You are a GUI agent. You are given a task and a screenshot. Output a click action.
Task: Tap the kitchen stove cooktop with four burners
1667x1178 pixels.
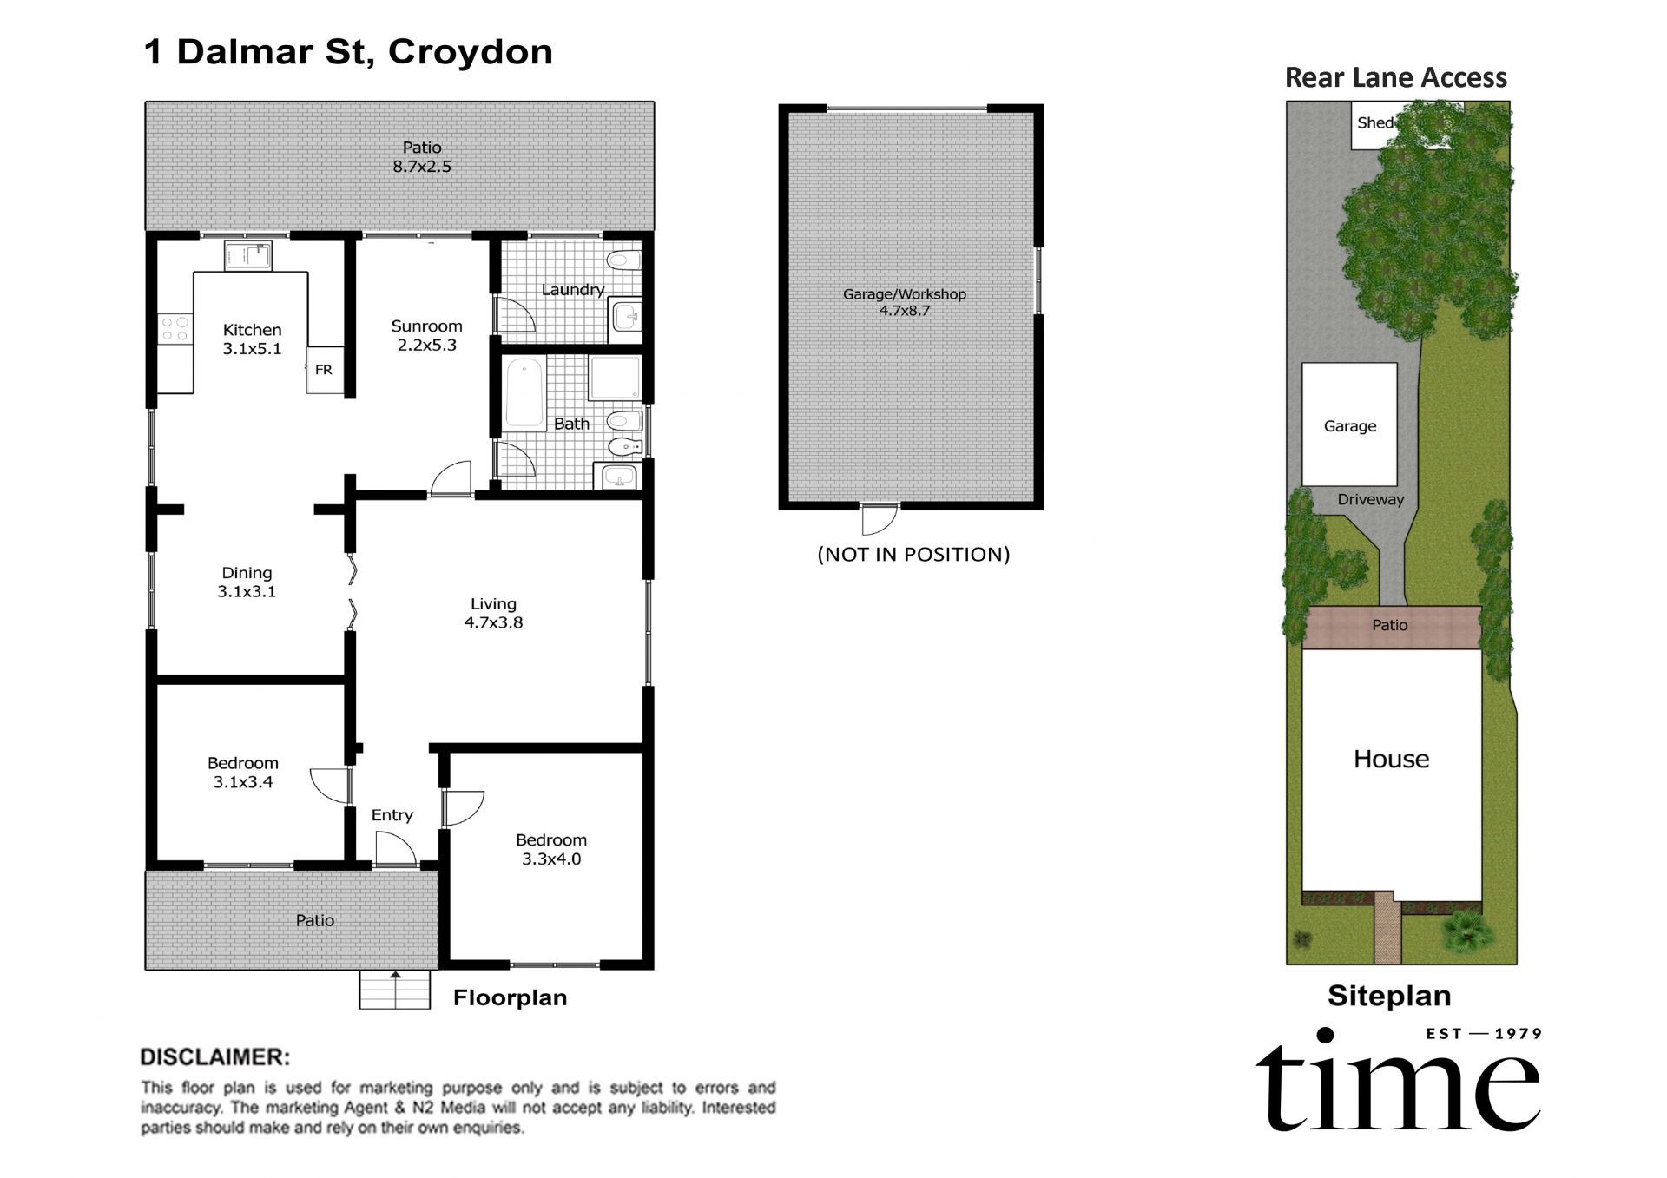pyautogui.click(x=175, y=328)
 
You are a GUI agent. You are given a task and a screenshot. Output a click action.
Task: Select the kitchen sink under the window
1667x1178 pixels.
pyautogui.click(x=248, y=255)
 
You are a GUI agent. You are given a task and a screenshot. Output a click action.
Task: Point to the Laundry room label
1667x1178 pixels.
pyautogui.click(x=572, y=290)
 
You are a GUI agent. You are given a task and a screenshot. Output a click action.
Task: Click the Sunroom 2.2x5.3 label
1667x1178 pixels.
pyautogui.click(x=426, y=335)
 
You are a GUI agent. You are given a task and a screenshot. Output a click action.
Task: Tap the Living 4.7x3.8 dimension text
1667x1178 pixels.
pyautogui.click(x=493, y=622)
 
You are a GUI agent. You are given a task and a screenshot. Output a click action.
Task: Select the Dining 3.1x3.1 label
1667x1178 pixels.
pyautogui.click(x=247, y=582)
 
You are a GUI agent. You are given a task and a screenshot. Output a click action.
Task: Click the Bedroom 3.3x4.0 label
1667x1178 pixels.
pyautogui.click(x=551, y=849)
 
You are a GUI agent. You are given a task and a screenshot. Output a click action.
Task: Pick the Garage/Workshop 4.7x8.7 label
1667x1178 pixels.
pyautogui.click(x=904, y=301)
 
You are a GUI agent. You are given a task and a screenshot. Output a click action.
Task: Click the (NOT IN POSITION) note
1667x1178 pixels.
pyautogui.click(x=913, y=554)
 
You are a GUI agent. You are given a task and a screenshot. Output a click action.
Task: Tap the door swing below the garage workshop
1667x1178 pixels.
pyautogui.click(x=879, y=520)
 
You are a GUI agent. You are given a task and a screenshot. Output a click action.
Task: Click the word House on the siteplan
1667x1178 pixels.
pyautogui.click(x=1391, y=759)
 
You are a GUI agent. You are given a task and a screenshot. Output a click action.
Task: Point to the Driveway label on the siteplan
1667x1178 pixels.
pyautogui.click(x=1370, y=499)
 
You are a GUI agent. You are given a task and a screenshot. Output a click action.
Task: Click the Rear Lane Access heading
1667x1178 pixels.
pyautogui.click(x=1395, y=78)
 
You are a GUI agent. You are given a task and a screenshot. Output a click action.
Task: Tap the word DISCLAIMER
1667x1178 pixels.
pyautogui.click(x=214, y=1056)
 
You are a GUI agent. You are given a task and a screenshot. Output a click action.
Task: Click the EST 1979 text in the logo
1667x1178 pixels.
pyautogui.click(x=1484, y=1033)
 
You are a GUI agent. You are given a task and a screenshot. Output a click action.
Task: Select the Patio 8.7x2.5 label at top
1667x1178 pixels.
pyautogui.click(x=422, y=157)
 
